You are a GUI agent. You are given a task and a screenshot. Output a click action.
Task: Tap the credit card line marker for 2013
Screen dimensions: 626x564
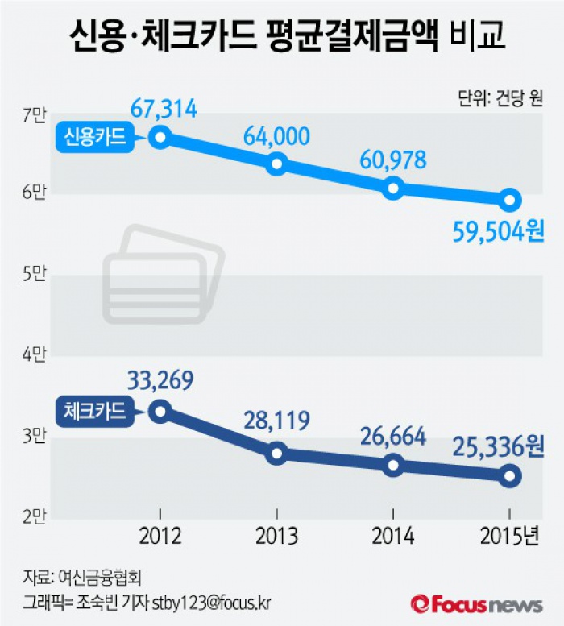[x=277, y=164]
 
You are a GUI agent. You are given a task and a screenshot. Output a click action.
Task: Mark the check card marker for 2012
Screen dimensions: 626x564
[x=160, y=411]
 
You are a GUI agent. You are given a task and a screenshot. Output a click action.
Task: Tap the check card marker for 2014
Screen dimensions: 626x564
[x=392, y=465]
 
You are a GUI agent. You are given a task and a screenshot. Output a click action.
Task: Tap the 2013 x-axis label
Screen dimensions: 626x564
[x=276, y=536]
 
